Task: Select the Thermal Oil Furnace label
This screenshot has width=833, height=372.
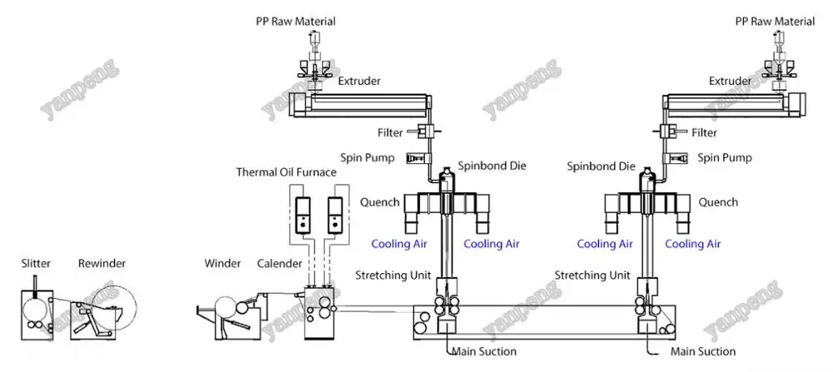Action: pyautogui.click(x=287, y=172)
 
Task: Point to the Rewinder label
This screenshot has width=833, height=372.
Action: pyautogui.click(x=102, y=264)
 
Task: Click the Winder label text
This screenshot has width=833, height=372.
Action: pyautogui.click(x=222, y=264)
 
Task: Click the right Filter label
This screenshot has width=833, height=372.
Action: pyautogui.click(x=704, y=132)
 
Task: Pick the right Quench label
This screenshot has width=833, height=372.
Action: pyautogui.click(x=718, y=202)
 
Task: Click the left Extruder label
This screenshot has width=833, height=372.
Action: pyautogui.click(x=360, y=82)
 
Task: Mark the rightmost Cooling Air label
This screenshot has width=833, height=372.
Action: pyautogui.click(x=692, y=244)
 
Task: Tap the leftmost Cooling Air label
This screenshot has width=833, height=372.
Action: pyautogui.click(x=401, y=244)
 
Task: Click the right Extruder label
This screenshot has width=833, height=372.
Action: pyautogui.click(x=731, y=82)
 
